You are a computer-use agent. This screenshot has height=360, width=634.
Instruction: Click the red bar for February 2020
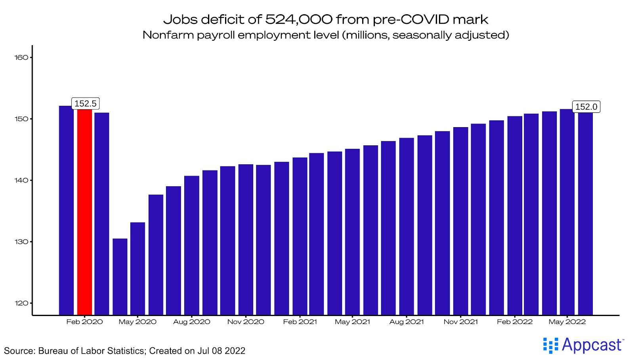[x=84, y=212]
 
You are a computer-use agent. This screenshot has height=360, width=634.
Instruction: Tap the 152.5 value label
[x=85, y=104]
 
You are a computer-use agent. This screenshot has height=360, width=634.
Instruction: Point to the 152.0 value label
[x=586, y=107]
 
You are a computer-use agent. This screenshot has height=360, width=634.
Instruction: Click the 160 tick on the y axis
[x=21, y=57]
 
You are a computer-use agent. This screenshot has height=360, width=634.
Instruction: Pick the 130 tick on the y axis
[x=21, y=242]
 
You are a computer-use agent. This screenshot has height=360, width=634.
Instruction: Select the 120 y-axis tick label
[x=21, y=303]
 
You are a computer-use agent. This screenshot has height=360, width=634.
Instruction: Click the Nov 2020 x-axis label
[x=246, y=322]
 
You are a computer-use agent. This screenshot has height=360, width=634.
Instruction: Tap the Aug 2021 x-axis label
[x=407, y=322]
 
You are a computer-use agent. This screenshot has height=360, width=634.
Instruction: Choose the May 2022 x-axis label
[x=567, y=322]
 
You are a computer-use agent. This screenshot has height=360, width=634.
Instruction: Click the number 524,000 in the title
[x=299, y=19]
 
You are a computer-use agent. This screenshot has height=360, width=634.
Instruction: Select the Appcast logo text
[x=592, y=345]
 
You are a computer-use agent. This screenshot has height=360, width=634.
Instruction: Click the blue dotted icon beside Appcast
[x=550, y=345]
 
